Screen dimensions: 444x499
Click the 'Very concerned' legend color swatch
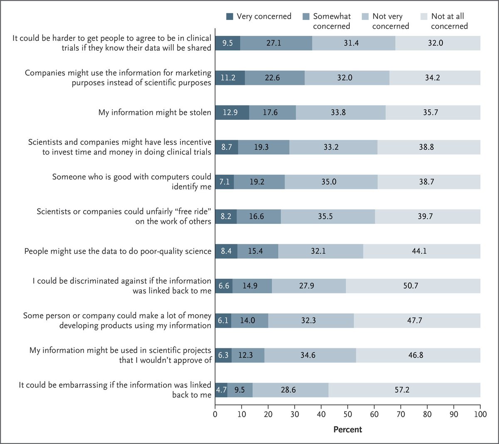tap(230, 17)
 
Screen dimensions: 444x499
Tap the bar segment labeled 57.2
tap(404, 390)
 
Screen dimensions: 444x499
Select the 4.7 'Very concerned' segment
tap(221, 390)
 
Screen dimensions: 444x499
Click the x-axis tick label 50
tap(348, 414)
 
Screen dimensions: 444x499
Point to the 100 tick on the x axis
tap(480, 414)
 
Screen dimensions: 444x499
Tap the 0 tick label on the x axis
tap(215, 414)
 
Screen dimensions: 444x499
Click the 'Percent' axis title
tap(348, 429)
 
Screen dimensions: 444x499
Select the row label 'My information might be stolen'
tap(155, 112)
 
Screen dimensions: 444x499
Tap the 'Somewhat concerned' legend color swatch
tap(306, 17)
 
